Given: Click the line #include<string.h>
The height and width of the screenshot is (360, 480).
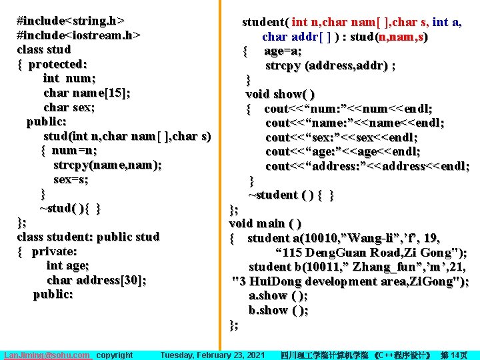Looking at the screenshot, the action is tap(71, 20).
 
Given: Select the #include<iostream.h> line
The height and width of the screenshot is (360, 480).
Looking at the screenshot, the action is tap(79, 35).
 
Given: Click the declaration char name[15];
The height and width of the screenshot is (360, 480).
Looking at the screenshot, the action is tap(87, 93).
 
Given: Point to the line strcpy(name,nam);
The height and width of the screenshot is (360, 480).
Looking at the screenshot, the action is tap(107, 165).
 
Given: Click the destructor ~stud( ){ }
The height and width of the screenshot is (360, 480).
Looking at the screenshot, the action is tap(70, 208).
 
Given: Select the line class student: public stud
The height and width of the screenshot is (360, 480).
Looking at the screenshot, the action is tap(88, 237).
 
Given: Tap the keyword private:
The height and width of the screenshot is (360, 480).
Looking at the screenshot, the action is tap(54, 251).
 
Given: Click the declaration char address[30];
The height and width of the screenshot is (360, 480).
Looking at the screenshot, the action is tap(97, 280).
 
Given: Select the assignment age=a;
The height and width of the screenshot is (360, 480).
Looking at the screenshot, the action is tap(283, 51).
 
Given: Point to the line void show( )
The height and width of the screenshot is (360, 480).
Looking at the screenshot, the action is tap(280, 94).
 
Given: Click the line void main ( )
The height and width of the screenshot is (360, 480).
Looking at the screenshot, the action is tap(265, 223).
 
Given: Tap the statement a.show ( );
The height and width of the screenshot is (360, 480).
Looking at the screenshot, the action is tap(278, 295).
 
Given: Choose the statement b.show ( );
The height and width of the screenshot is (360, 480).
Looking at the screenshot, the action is tap(278, 310).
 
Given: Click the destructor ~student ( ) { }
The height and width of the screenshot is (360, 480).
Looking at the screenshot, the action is tap(291, 195).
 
